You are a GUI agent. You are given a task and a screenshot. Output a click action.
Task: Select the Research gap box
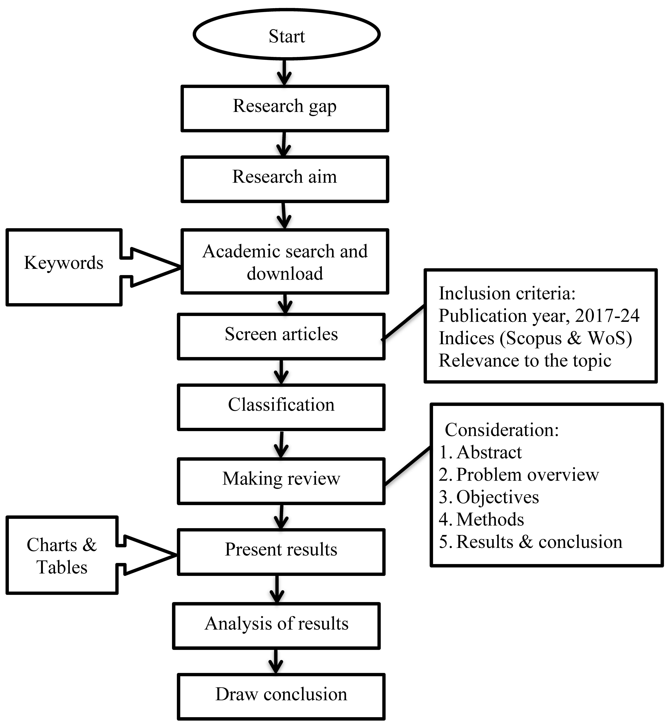click(285, 108)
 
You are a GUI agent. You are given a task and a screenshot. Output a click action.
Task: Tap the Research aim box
click(285, 179)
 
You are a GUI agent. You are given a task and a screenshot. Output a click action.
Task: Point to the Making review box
click(281, 481)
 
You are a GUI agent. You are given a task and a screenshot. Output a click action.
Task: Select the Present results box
click(281, 551)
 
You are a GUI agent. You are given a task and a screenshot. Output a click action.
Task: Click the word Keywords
click(63, 263)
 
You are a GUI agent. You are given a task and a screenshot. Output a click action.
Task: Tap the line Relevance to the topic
click(525, 361)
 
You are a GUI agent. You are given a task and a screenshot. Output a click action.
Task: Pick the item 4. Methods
click(481, 520)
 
